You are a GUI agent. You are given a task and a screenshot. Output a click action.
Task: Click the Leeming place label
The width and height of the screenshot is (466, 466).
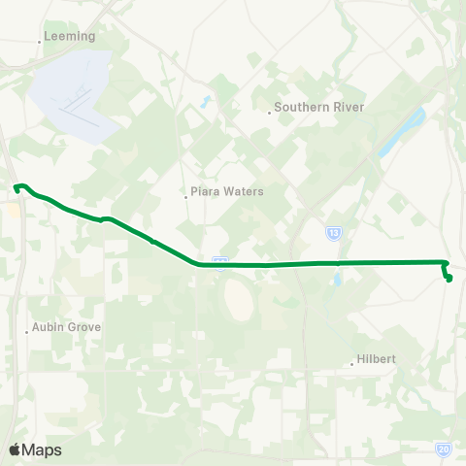pos(71,36)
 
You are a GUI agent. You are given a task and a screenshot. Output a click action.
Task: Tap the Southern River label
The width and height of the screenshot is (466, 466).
pos(318,107)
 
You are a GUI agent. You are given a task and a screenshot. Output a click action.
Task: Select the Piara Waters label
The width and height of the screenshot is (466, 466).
pos(228,191)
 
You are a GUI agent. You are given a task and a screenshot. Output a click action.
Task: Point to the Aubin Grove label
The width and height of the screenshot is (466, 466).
pos(66,327)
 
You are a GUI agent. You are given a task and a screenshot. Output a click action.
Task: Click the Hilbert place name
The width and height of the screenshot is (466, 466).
pos(377,359)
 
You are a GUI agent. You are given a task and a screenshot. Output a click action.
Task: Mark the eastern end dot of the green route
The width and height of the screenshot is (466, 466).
pos(449,280)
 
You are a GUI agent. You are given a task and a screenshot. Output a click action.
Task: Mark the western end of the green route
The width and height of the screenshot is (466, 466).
pos(17,186)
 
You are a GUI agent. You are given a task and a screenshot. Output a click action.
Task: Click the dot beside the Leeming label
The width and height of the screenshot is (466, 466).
pos(40,41)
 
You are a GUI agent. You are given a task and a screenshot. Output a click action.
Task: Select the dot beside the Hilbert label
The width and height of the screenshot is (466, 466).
pos(351,365)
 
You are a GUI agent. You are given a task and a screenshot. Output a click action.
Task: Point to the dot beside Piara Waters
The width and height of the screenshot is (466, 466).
pos(186,197)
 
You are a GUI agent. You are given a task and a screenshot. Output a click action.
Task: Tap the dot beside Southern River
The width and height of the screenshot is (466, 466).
pos(270,113)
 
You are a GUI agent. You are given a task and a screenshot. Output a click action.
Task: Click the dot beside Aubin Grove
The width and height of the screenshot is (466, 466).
pos(26,332)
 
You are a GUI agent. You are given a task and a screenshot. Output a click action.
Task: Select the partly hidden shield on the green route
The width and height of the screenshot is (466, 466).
pos(220,260)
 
